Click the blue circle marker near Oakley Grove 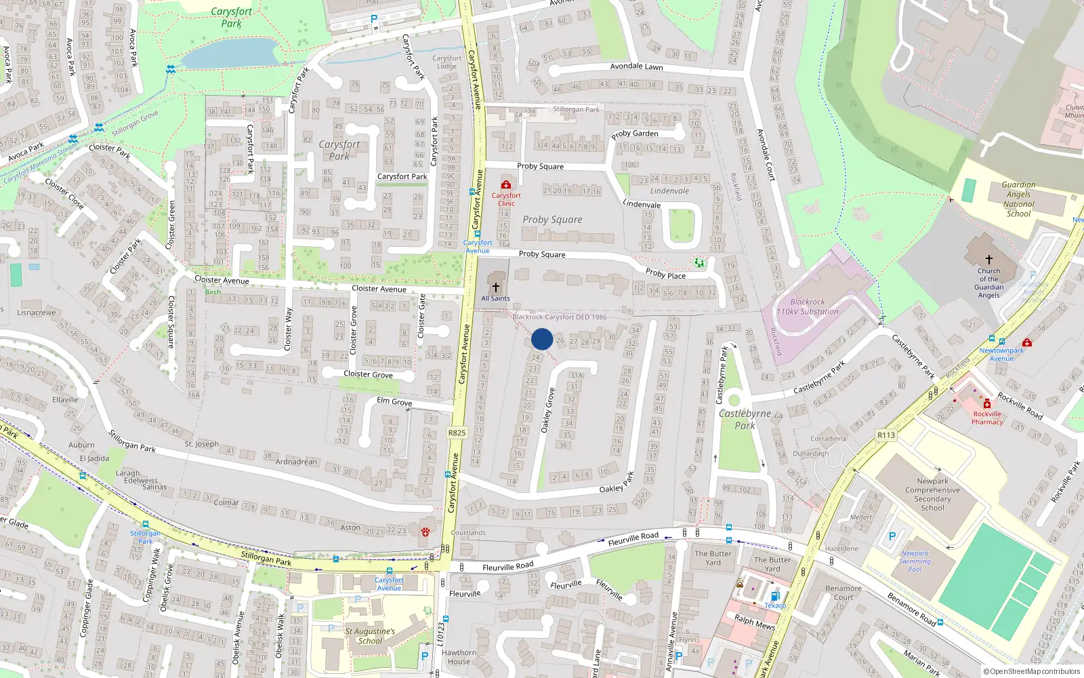542,339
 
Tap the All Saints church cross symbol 496,287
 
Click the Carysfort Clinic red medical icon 505,184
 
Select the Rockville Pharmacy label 987,418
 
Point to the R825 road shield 457,433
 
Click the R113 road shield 885,435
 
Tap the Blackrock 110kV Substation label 808,307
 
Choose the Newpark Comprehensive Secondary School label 933,494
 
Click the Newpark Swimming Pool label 915,561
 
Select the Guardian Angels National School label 1018,199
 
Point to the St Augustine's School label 370,636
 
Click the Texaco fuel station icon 775,597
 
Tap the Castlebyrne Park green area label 745,419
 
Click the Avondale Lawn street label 636,66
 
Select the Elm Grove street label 394,401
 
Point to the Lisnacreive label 37,313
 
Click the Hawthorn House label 459,657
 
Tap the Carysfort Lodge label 446,62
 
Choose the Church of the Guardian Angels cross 988,260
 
